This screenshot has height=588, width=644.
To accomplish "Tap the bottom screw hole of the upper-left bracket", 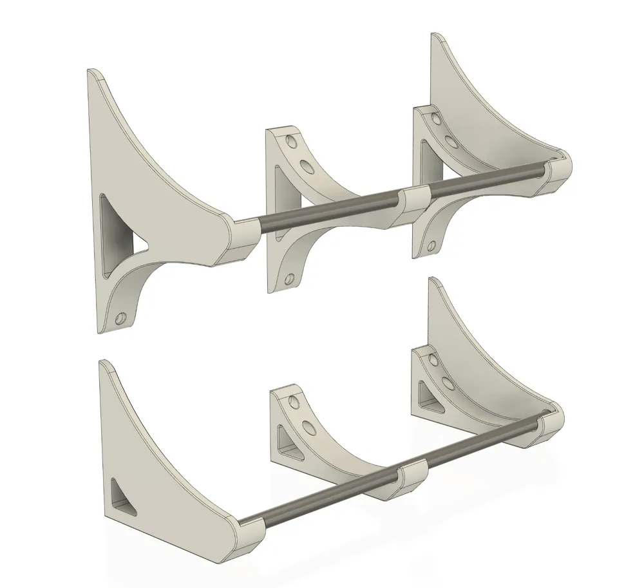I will click(x=120, y=318).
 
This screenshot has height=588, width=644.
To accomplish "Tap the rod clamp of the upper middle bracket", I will click(x=415, y=205).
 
